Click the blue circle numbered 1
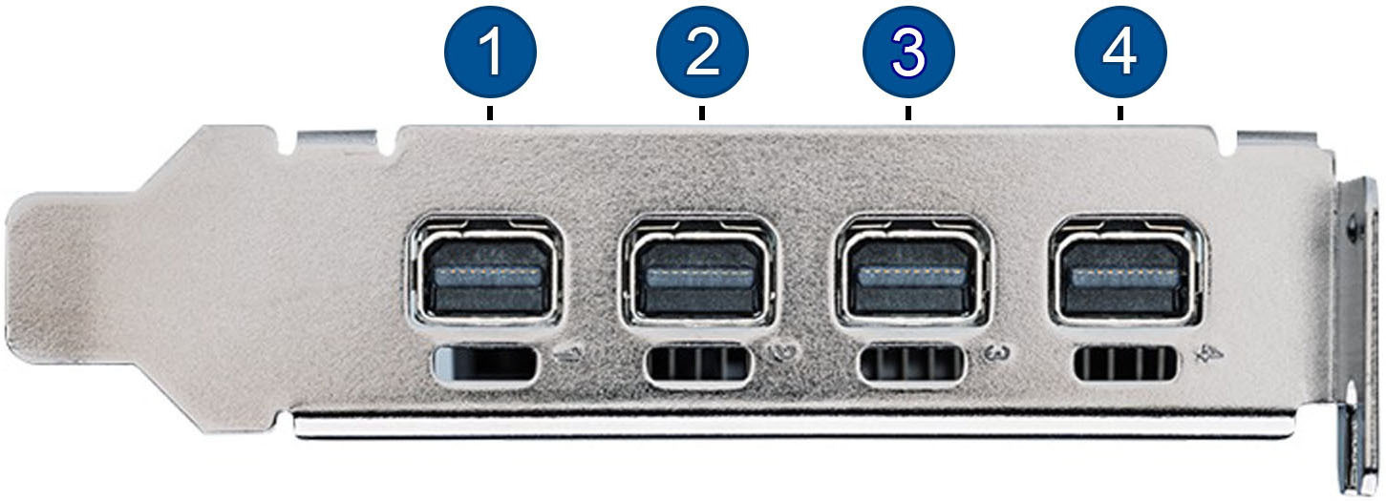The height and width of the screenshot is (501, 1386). (x=491, y=52)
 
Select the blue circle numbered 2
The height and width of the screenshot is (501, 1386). (x=702, y=52)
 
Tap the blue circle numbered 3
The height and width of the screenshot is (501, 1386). (x=908, y=52)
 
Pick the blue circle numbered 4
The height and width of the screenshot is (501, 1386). (x=1120, y=52)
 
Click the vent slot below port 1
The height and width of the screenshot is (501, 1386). (x=485, y=363)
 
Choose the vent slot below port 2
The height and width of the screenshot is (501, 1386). (x=698, y=365)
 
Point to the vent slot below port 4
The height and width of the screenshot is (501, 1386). (x=1125, y=363)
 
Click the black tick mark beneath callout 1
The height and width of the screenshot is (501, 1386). (x=491, y=114)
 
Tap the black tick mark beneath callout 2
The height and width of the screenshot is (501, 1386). (x=702, y=114)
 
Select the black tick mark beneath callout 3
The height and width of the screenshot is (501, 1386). (x=908, y=114)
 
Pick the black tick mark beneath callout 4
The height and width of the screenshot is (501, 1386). (x=1120, y=114)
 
